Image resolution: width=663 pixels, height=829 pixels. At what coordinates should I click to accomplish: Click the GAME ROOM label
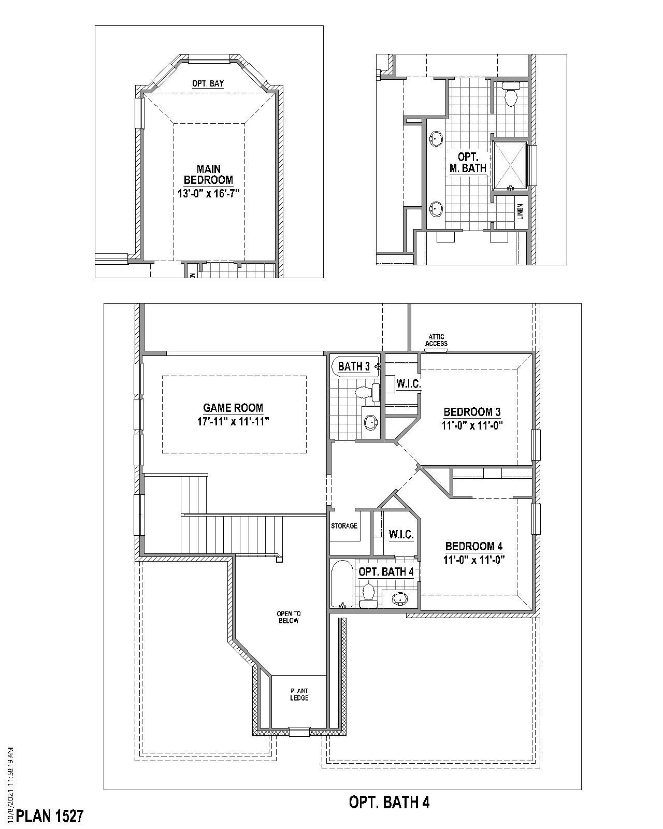[x=233, y=408]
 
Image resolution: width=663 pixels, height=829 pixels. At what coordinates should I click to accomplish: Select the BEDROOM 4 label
[x=473, y=546]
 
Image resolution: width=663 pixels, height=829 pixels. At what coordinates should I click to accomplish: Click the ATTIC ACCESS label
[x=436, y=340]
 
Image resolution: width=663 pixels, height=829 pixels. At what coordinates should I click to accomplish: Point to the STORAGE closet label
[x=344, y=526]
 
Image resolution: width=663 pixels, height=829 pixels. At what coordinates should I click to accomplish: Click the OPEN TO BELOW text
[x=289, y=617]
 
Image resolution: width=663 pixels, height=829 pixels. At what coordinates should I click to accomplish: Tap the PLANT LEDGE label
[x=299, y=694]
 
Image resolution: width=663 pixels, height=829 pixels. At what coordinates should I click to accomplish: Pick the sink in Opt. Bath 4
[x=399, y=599]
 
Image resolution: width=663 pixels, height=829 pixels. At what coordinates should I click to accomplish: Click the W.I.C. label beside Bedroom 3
[x=408, y=384]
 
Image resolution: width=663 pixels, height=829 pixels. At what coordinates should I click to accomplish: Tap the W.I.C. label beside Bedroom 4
[x=401, y=534]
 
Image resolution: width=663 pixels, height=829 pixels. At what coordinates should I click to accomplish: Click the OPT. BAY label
[x=208, y=83]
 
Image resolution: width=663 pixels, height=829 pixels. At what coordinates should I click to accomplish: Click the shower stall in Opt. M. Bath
[x=510, y=165]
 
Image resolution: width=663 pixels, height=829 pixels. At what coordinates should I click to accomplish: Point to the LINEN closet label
[x=520, y=211]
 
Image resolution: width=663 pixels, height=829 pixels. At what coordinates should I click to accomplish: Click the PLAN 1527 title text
[x=50, y=816]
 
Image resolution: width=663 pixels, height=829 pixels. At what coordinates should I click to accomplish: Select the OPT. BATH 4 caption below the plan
[x=389, y=803]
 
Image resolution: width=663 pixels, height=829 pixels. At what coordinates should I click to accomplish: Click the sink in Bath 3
[x=370, y=422]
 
